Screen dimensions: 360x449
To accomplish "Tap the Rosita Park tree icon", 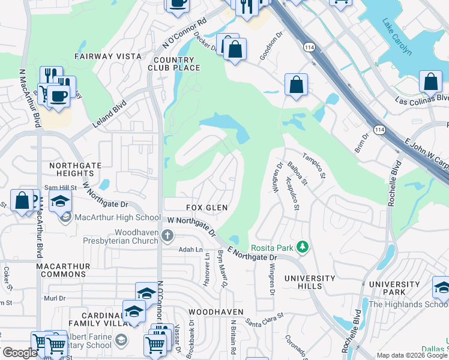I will [304, 247].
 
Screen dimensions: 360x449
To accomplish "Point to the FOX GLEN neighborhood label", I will [206, 208].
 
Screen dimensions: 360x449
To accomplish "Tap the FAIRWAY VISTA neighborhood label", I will [108, 56].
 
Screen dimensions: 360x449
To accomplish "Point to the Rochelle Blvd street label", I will [392, 184].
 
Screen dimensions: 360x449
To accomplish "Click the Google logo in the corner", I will [20, 353].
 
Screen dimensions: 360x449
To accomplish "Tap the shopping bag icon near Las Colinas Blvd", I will [430, 82].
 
